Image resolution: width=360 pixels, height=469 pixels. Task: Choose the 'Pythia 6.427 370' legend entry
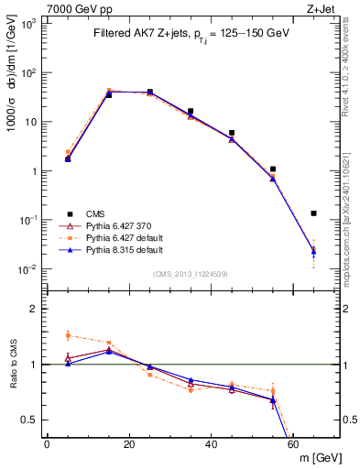coord(105,225)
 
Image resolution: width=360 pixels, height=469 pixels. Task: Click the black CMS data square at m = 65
coord(314,213)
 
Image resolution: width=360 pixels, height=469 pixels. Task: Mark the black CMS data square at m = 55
coord(273,169)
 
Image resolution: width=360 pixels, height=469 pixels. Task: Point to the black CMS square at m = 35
coord(191,111)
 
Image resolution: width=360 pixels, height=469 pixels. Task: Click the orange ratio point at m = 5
coord(68,335)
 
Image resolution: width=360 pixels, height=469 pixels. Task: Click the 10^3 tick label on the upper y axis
coord(30,24)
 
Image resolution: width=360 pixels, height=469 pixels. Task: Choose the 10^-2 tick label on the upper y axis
coord(30,269)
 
